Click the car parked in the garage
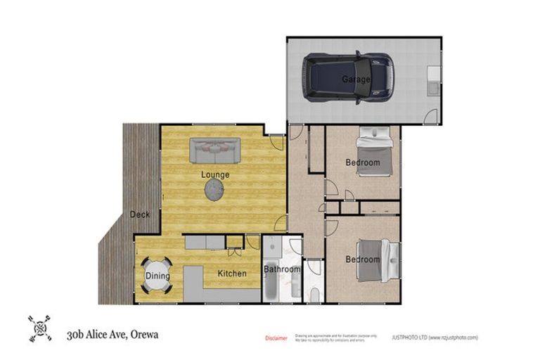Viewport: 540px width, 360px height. [347, 77]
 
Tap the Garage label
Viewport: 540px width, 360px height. [356, 79]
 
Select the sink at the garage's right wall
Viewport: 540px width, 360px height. [432, 82]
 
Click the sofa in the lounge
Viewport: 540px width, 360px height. [214, 150]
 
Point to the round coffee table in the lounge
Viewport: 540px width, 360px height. [214, 188]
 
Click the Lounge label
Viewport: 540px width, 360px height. [215, 174]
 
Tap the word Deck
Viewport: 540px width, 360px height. [139, 214]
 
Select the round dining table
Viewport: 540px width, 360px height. [157, 276]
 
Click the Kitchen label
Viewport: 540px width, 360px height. [231, 274]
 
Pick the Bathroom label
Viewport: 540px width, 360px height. [282, 269]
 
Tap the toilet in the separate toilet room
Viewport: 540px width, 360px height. [314, 293]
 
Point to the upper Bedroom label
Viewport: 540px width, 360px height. [363, 162]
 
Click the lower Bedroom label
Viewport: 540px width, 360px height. [363, 259]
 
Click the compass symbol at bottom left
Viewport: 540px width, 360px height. [39, 328]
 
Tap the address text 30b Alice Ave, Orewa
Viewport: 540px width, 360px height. [112, 334]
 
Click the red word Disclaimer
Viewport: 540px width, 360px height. [276, 338]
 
